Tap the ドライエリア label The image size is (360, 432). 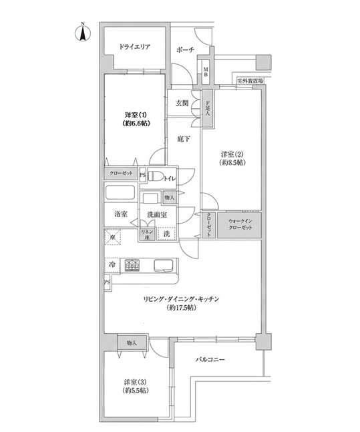[x=135, y=47]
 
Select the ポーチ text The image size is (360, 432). [x=186, y=50]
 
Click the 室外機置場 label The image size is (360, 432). [x=250, y=80]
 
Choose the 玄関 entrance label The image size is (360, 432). [x=182, y=103]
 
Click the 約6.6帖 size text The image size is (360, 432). [x=135, y=124]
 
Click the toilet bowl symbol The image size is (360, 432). [x=156, y=177]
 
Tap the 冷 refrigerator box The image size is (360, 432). [x=111, y=265]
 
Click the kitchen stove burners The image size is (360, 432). [x=136, y=264]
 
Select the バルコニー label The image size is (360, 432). [x=210, y=359]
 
